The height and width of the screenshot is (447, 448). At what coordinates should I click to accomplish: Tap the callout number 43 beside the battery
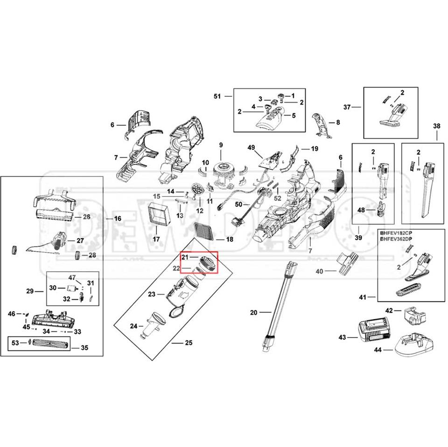coord(342,337)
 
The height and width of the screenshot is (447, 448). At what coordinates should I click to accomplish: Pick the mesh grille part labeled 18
coord(202,230)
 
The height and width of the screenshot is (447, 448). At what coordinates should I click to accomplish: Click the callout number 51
coord(217,96)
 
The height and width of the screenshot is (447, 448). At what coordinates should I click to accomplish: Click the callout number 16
coord(117,218)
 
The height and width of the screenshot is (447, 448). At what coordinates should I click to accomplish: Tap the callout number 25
coord(189,343)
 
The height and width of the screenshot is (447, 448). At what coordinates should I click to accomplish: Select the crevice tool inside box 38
coord(425,191)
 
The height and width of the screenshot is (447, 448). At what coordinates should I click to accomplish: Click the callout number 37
coord(347,107)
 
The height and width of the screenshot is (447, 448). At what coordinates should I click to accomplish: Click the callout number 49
coord(252,148)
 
